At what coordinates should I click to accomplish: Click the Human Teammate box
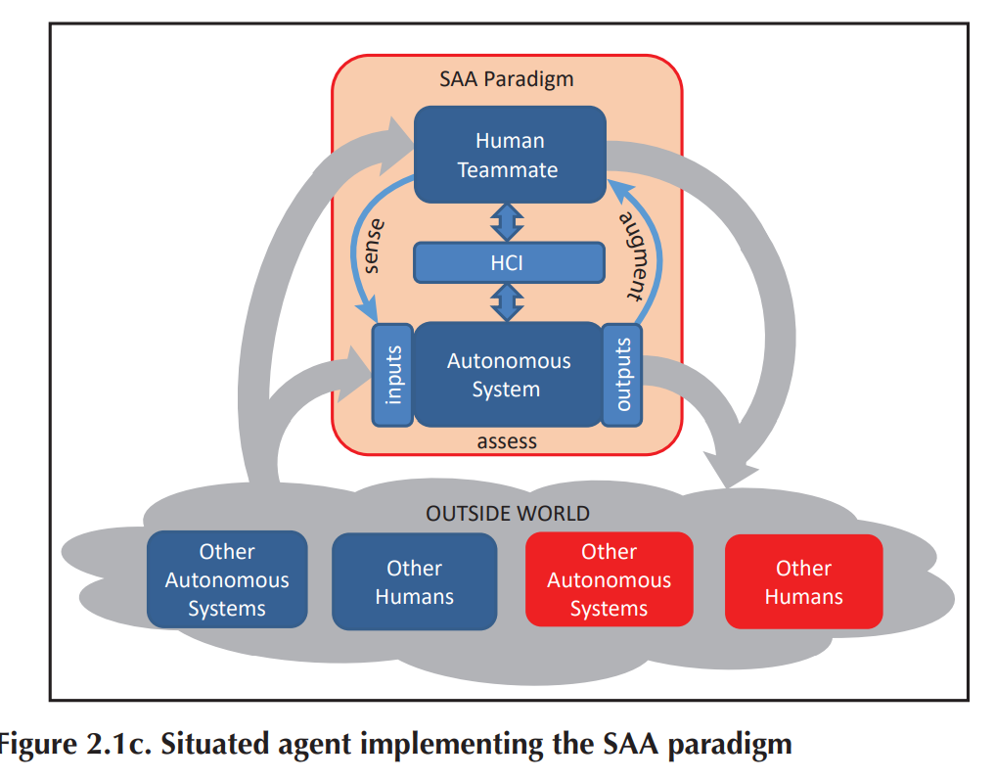[510, 155]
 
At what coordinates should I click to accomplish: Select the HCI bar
[509, 262]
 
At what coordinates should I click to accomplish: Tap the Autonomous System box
[508, 375]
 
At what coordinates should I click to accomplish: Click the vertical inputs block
[392, 375]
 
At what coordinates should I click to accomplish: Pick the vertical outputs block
[622, 375]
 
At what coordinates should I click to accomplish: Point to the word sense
[374, 247]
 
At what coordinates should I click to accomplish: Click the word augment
[637, 255]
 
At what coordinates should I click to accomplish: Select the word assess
[507, 441]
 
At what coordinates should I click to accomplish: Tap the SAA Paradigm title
[507, 79]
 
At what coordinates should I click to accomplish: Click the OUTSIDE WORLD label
[508, 513]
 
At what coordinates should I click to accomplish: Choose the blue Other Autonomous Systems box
[227, 579]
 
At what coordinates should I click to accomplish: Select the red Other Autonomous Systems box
[610, 579]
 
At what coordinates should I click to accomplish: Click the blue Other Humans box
[415, 581]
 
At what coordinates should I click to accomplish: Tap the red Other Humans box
[804, 581]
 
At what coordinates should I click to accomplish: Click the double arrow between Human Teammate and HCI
[507, 222]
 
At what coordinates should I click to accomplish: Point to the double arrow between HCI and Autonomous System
[507, 302]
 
